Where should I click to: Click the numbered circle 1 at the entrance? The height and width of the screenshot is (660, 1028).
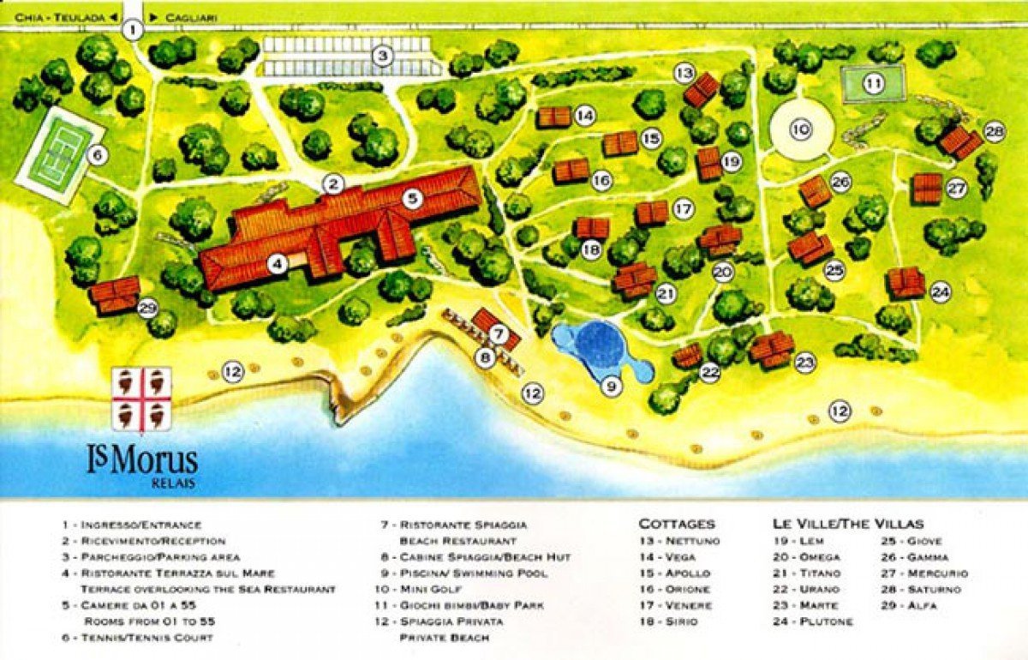132,29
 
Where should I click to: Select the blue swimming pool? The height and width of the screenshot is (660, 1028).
600,346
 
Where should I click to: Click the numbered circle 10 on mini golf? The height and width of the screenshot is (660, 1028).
801,130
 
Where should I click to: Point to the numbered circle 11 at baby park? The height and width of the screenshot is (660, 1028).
873,84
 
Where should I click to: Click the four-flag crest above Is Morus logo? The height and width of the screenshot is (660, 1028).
142,399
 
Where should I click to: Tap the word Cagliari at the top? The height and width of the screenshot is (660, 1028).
192,16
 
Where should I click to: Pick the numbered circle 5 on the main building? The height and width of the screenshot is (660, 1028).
413,198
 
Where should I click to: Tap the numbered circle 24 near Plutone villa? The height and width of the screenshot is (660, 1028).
941,292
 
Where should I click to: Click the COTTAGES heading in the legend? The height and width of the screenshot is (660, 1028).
676,524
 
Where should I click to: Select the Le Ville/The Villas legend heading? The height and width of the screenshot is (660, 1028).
848,524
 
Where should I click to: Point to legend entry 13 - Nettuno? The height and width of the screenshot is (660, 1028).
679,541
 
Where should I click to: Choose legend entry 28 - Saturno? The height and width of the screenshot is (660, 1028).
915,589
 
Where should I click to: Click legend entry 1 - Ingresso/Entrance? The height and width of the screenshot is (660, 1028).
130,525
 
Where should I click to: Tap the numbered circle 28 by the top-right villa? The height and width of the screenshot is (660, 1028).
994,131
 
